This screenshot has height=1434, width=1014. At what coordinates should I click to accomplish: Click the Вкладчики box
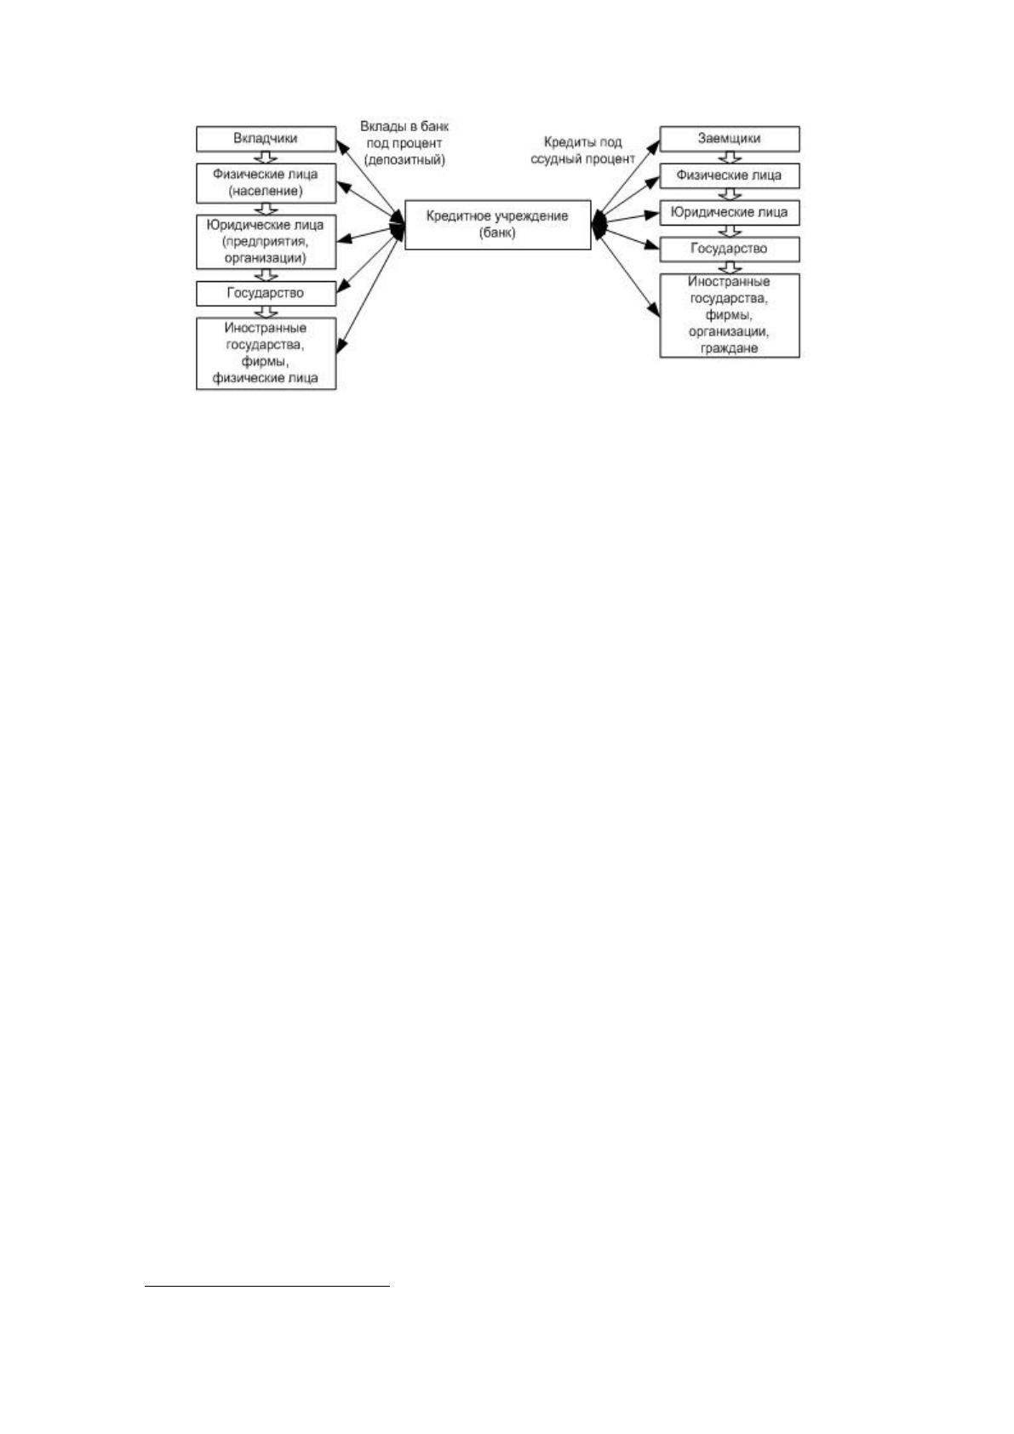tap(266, 139)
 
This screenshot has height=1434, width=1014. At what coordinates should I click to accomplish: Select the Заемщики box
tap(729, 139)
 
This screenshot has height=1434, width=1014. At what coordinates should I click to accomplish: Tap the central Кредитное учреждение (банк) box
tap(497, 224)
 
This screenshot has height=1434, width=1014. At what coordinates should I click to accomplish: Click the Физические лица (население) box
tap(266, 183)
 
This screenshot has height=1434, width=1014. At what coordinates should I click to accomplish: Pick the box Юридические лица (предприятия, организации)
tap(266, 241)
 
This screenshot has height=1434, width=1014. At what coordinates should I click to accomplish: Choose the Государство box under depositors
tap(266, 293)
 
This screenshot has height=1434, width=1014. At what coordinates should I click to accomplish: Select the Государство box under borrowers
tap(729, 249)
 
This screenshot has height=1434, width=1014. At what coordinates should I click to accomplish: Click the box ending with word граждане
tap(729, 316)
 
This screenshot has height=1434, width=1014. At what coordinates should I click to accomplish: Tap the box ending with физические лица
tap(266, 353)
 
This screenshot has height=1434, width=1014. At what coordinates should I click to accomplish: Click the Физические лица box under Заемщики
tap(729, 175)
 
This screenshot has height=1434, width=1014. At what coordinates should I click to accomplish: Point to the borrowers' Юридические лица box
tap(729, 213)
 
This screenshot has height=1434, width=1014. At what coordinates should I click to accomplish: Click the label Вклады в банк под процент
tap(404, 135)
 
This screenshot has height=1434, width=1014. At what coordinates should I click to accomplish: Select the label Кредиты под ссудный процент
tap(582, 151)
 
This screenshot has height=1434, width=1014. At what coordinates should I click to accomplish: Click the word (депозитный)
tap(404, 160)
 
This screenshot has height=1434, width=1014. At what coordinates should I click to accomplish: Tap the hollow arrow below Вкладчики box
tap(266, 158)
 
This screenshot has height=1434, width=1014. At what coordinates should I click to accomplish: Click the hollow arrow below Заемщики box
tap(729, 158)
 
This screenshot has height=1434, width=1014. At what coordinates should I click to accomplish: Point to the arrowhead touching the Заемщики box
tap(654, 147)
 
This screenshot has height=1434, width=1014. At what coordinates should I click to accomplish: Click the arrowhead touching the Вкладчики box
tap(342, 147)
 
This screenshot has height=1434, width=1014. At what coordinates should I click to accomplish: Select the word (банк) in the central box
tap(497, 233)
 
